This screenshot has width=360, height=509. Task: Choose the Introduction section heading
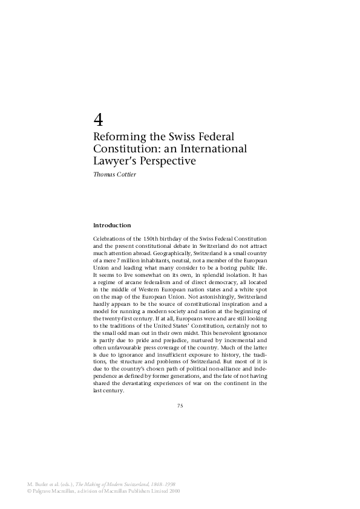[x=112, y=225]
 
